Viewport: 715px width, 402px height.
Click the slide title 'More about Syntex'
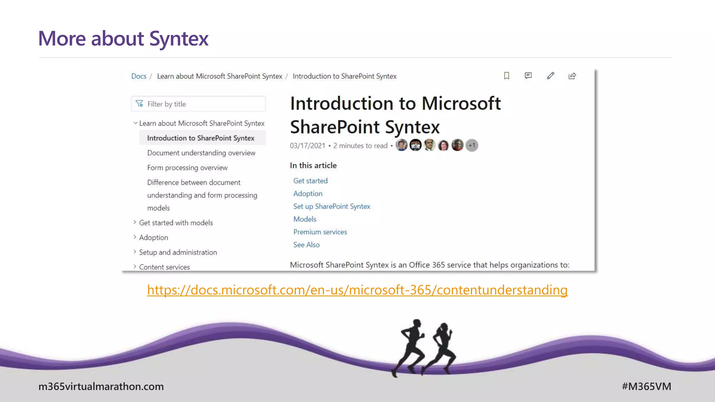123,38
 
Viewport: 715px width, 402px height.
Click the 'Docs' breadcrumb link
139,76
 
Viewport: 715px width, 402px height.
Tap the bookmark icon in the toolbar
506,76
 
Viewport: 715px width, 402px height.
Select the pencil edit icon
550,76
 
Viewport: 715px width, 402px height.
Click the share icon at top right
572,76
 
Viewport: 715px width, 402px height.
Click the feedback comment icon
528,76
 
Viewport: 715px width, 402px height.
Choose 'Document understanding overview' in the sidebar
201,153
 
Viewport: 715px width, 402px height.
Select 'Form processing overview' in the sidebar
187,167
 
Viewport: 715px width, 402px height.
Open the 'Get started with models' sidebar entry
176,223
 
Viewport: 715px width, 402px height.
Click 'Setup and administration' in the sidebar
178,252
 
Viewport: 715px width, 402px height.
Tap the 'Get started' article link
310,181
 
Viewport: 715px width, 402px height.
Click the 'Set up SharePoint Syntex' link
332,206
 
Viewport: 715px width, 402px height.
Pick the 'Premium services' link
320,232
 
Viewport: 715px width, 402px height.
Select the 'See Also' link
306,245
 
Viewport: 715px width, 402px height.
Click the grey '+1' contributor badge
472,145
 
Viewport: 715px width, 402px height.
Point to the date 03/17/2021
307,146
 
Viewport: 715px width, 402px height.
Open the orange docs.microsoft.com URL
357,290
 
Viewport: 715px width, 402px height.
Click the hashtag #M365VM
646,386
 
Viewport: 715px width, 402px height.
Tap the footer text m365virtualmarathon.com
101,386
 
